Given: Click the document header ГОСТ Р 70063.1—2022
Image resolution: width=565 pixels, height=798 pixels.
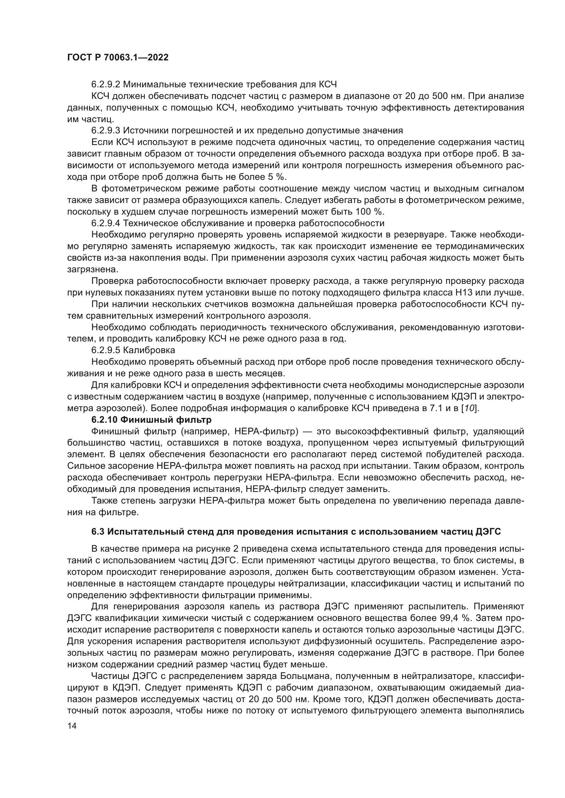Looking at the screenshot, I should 118,58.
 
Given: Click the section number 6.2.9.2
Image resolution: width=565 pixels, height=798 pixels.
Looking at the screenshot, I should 106,85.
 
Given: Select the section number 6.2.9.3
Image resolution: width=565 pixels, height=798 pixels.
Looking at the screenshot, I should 106,131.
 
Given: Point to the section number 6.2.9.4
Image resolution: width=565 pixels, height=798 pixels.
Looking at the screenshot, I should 106,223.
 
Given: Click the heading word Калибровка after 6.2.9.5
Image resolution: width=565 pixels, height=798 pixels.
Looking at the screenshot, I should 149,350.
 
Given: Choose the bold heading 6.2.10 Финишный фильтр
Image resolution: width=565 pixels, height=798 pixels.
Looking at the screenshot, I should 151,420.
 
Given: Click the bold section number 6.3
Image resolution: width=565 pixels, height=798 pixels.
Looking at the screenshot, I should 98,532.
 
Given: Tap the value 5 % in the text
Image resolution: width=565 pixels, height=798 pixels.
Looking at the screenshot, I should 276,177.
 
